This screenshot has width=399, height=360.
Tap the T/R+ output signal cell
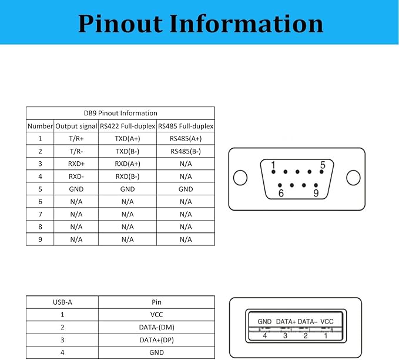(x=76, y=139)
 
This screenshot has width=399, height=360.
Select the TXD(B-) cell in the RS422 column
(x=127, y=151)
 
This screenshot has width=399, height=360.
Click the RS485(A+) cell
(x=186, y=139)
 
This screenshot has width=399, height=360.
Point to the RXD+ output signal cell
(x=76, y=164)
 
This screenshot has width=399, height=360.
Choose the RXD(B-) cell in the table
(x=127, y=176)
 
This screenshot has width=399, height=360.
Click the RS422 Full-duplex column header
(x=127, y=126)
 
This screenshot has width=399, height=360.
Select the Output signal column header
(x=76, y=126)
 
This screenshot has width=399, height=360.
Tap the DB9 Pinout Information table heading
(x=120, y=113)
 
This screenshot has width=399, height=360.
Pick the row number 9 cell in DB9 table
(x=40, y=239)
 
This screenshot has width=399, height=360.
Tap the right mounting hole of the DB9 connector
(x=353, y=177)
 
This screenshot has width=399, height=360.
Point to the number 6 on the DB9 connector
(x=281, y=192)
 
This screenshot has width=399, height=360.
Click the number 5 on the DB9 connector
(x=323, y=165)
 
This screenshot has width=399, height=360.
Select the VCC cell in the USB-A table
(x=156, y=315)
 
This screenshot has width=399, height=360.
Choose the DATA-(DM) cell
(x=156, y=328)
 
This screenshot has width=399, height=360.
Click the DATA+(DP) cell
(x=156, y=340)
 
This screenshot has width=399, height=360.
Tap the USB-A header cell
(x=62, y=302)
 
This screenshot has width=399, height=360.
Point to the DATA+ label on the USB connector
(x=286, y=322)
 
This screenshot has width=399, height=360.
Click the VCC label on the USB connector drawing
(x=327, y=322)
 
